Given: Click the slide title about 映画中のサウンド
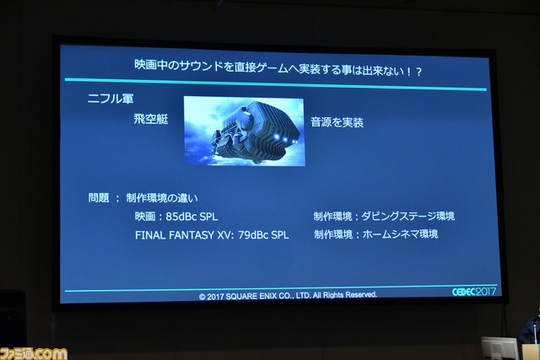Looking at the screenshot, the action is tap(278, 67).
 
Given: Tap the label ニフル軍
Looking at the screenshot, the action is tap(111, 99).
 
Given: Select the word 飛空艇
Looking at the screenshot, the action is tap(151, 119).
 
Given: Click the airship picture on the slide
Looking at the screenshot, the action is tap(244, 132).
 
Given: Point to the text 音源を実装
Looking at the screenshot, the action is tap(337, 122).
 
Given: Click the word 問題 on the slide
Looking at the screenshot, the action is tap(99, 197).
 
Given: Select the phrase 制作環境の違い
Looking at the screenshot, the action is tap(162, 198).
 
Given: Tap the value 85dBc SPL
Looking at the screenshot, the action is tap(192, 217).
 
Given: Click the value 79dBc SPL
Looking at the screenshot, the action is tap(263, 234).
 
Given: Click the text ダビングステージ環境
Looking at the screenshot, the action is tap(408, 216).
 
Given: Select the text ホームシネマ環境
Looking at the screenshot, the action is tap(400, 234).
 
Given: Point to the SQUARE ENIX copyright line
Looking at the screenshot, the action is tap(288, 296).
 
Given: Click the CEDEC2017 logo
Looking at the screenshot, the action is tap(474, 292).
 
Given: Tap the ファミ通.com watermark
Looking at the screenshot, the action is tap(34, 353).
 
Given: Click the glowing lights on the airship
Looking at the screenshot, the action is tap(285, 139).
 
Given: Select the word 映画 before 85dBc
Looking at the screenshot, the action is tap(145, 217).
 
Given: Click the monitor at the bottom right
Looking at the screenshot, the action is tap(499, 348).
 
